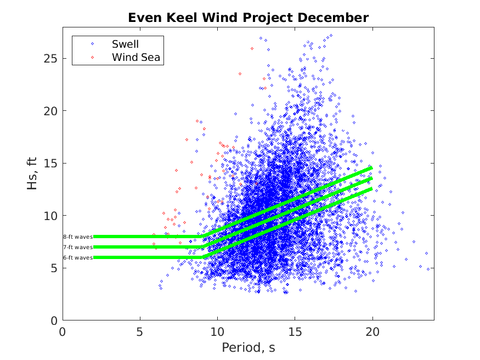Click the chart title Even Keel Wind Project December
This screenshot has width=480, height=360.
(248, 18)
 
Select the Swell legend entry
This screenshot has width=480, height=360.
(126, 43)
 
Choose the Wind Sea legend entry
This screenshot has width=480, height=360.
(137, 57)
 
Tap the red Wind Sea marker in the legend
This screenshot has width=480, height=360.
(93, 57)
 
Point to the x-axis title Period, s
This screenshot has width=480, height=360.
(248, 348)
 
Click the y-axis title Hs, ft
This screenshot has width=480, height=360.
(33, 178)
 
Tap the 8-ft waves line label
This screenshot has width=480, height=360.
(78, 237)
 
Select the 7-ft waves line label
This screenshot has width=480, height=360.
(78, 247)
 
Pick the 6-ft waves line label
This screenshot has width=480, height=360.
(78, 257)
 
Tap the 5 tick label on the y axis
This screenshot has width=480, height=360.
(54, 268)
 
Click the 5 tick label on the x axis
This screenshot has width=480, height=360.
(140, 331)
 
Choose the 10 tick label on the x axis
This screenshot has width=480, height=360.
(218, 331)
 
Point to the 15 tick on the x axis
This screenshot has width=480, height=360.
(295, 331)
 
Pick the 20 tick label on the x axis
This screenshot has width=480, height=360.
(372, 331)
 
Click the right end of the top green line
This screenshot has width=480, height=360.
(372, 168)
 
